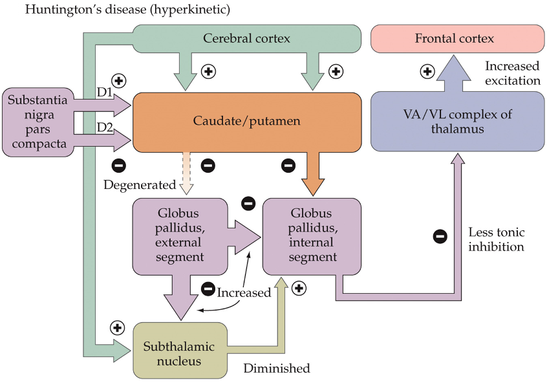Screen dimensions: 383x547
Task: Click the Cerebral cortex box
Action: (246, 39)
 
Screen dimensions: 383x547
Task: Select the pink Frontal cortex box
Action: (454, 39)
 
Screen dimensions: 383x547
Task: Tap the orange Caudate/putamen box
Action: (246, 122)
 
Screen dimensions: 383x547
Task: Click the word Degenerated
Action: (139, 185)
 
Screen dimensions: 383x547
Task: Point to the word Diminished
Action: (277, 369)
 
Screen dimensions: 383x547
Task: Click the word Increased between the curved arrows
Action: (244, 292)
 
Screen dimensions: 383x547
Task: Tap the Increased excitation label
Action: (512, 73)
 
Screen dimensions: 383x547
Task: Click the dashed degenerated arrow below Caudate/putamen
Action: (186, 173)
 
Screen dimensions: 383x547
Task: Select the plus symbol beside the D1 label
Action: (119, 81)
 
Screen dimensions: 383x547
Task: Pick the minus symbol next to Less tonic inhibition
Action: (440, 236)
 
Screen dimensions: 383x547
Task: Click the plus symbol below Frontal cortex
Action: (427, 71)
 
